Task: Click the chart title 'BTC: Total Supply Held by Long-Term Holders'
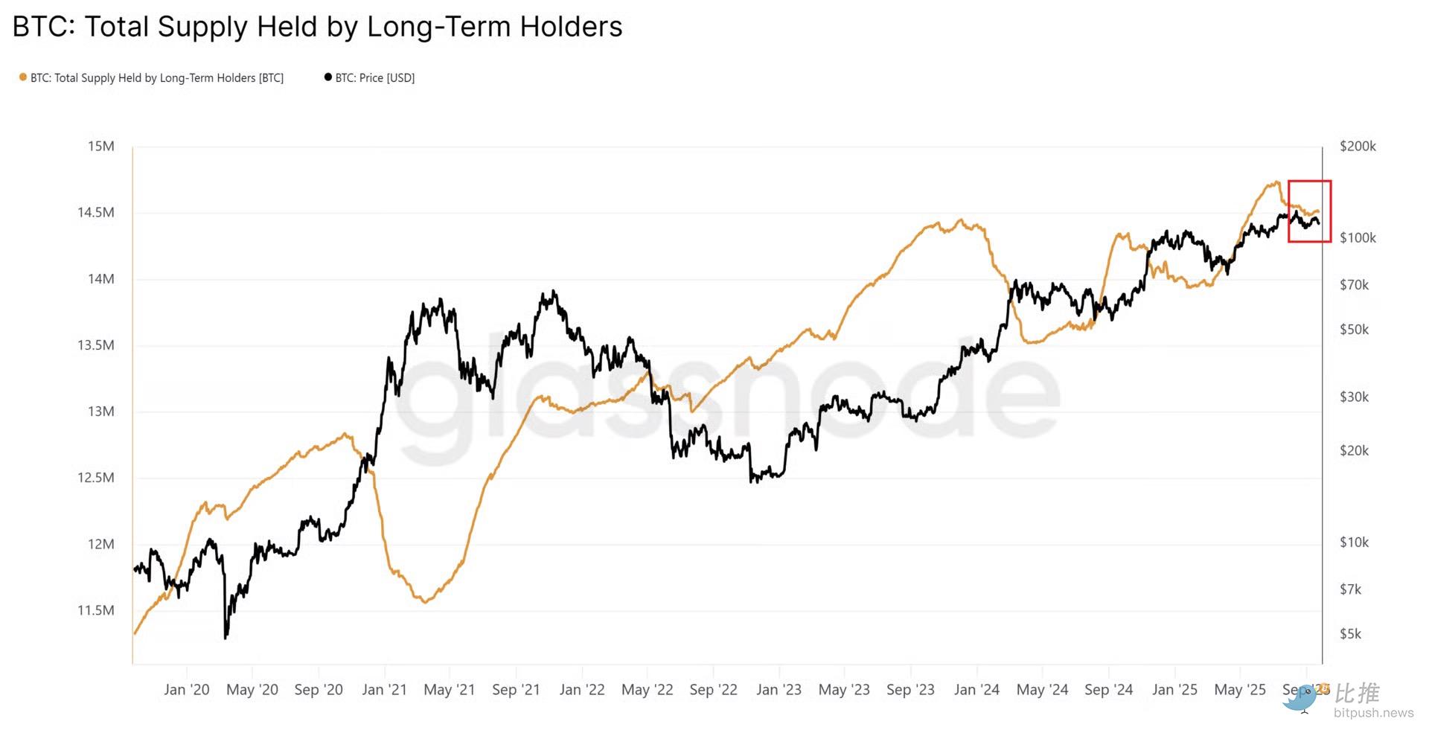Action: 317,27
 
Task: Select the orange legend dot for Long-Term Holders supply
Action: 23,77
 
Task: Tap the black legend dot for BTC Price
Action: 328,77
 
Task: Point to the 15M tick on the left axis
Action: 101,146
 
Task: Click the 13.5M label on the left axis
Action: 96,345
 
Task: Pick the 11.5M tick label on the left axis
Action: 96,610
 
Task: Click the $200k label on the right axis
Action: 1358,147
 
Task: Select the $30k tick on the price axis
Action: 1354,397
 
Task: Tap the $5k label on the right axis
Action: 1350,634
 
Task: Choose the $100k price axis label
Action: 1358,238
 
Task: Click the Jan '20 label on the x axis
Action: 186,690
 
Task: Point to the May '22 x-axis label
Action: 647,690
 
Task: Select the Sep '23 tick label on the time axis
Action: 910,690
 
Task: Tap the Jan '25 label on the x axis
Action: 1174,690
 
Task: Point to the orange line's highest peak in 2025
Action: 1276,182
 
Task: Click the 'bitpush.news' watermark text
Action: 1373,713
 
